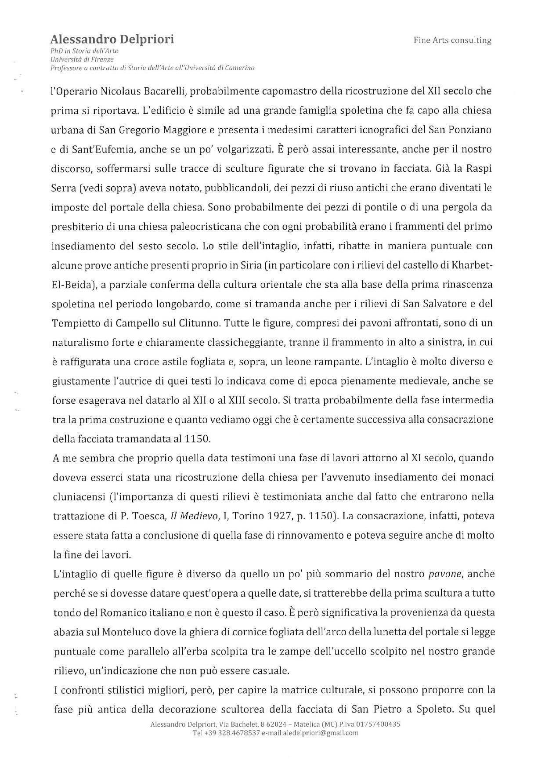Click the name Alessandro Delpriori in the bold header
click(x=112, y=40)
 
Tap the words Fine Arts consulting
click(x=452, y=40)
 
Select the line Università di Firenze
click(x=82, y=59)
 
